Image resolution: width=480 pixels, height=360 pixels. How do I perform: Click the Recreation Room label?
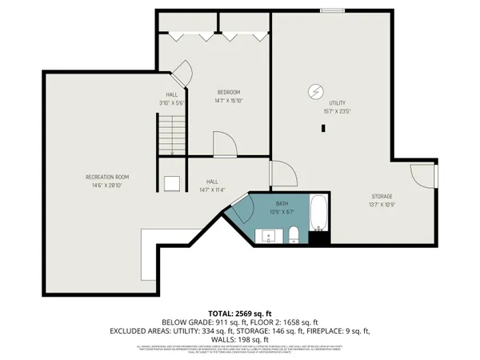[x=107, y=177]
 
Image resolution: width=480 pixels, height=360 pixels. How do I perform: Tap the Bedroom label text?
[x=228, y=93]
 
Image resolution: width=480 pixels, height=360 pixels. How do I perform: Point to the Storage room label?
[x=382, y=196]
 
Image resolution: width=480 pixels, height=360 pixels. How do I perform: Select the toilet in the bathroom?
[x=294, y=234]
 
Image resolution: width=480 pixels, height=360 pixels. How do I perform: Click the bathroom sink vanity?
[x=267, y=236]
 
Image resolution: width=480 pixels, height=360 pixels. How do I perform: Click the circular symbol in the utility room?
[x=315, y=91]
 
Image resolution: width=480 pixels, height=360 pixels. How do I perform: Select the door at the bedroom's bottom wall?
[x=225, y=146]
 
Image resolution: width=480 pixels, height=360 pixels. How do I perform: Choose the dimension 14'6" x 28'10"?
[x=107, y=185]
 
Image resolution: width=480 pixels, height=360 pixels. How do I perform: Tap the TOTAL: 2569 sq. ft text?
[x=239, y=312]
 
